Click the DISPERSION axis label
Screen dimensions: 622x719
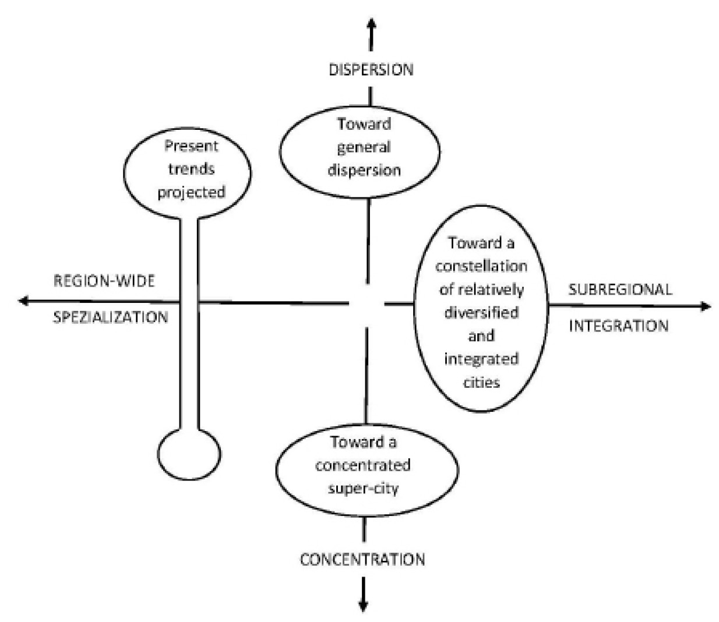[x=371, y=70]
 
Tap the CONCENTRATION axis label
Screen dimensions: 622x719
[x=362, y=560]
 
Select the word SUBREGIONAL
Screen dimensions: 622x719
[x=620, y=289]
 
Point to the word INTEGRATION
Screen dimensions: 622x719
[x=618, y=326]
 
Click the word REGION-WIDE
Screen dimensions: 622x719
[x=104, y=281]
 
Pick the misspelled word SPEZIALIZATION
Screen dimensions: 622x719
[x=111, y=317]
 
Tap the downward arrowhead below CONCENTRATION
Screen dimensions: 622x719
[x=363, y=606]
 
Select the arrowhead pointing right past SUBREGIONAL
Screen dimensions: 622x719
[x=706, y=306]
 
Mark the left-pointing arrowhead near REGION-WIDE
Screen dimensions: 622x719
[x=24, y=301]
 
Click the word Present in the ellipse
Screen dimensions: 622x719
[x=191, y=146]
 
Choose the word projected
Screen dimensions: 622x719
[x=191, y=192]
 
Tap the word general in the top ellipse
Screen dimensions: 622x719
[x=364, y=147]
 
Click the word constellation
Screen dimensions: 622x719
[x=481, y=266]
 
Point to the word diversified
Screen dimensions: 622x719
[x=481, y=313]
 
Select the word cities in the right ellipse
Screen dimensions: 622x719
[x=481, y=383]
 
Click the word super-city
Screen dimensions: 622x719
[x=363, y=488]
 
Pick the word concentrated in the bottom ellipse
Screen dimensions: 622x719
[x=363, y=465]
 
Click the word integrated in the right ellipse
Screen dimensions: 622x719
[x=481, y=359]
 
